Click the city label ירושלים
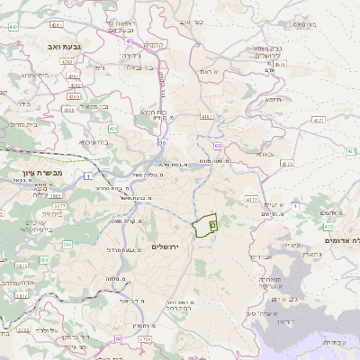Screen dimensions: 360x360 tap(166, 246)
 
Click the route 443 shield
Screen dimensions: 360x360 tap(14, 28)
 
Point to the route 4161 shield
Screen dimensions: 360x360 tap(206, 117)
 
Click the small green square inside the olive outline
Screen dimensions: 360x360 tap(213, 223)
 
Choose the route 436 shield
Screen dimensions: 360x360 tap(113, 129)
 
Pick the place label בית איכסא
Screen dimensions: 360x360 tap(94, 141)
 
